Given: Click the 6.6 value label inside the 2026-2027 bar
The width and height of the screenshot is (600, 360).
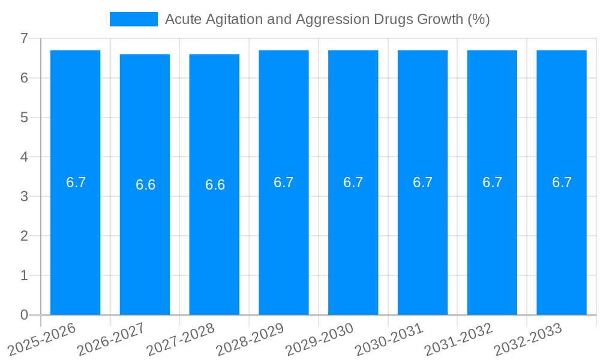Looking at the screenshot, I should point(145,185).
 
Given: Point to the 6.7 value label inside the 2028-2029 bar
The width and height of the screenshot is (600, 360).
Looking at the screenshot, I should point(284,182).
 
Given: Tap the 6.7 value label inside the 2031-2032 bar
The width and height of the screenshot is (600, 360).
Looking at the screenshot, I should point(492,182).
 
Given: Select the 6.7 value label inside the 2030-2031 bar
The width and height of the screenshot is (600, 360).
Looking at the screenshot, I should point(422,182).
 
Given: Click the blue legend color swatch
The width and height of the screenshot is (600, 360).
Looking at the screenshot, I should point(133,19).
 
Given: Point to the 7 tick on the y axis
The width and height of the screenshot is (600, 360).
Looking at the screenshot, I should point(24,38).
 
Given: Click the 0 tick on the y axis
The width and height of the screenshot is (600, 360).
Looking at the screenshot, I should point(24,315).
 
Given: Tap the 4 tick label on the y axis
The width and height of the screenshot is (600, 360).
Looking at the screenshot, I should point(24,157).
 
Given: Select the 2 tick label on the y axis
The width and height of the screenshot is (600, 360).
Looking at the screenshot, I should point(24,236).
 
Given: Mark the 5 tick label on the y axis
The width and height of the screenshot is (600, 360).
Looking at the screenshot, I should point(24,118).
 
